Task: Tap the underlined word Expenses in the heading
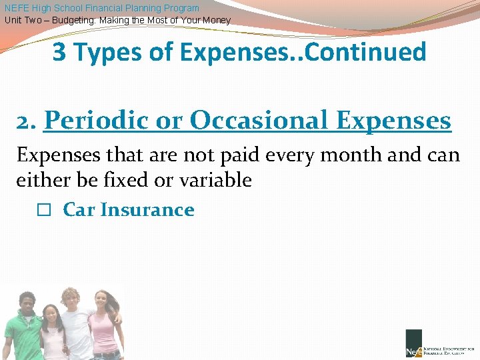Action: tap(394, 121)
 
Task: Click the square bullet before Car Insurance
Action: tap(43, 210)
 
